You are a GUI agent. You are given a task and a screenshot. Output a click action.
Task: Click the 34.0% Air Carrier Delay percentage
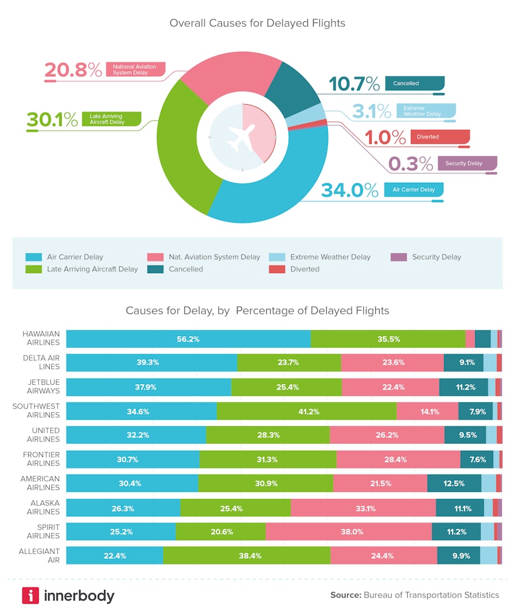[x=349, y=190]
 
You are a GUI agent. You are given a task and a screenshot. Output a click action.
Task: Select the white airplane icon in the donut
[x=241, y=136]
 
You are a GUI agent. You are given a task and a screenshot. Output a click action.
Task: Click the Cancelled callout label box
[x=415, y=83]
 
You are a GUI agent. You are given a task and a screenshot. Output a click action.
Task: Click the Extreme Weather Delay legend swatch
[x=277, y=257]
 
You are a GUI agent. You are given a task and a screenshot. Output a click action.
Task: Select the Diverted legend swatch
[x=277, y=269]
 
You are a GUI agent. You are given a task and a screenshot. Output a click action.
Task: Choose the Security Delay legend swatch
[x=398, y=257]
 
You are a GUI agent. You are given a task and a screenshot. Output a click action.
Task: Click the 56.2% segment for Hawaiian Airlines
[x=188, y=339]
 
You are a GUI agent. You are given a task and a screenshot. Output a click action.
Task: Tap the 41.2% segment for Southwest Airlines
[x=307, y=411]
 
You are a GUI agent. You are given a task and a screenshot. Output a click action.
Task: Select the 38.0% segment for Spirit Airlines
[x=349, y=532]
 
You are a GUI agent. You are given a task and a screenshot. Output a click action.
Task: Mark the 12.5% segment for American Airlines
[x=454, y=483]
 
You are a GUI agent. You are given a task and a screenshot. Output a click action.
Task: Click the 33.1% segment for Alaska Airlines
[x=363, y=508]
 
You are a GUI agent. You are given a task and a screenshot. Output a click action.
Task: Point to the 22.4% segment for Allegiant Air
[x=115, y=556]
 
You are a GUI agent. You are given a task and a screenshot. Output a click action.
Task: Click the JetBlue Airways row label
[x=41, y=387]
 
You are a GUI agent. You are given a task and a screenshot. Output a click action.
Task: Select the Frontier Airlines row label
[x=41, y=459]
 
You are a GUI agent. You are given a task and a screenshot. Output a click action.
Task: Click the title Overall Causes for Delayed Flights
[x=257, y=23]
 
